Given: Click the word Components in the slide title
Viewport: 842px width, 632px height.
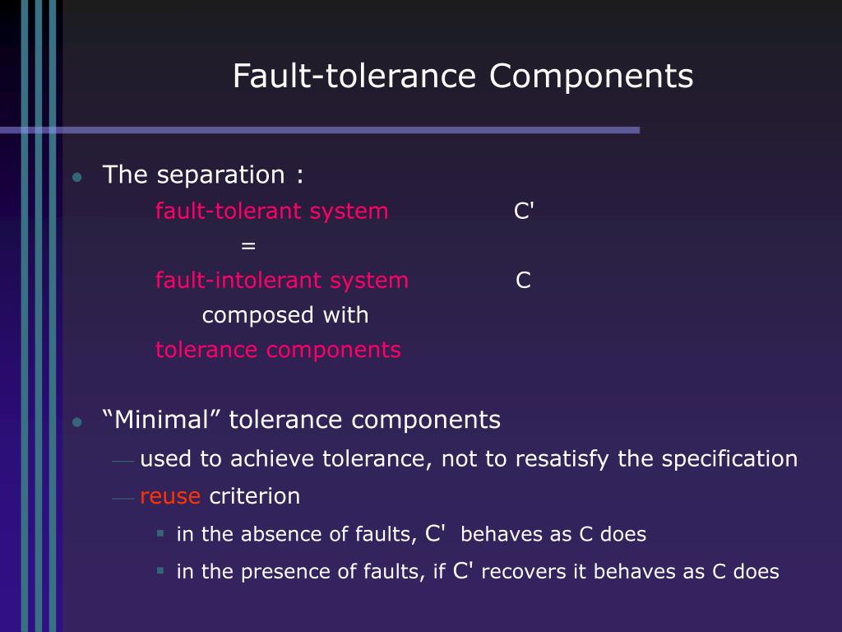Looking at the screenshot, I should coord(591,77).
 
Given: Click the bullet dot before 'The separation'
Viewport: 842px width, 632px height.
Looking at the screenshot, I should coord(76,178).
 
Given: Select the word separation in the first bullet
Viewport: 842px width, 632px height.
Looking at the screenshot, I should coord(220,175).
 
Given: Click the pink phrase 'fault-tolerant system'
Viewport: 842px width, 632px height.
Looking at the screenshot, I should coord(271,211).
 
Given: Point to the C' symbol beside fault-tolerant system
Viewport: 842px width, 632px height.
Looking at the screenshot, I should coord(524,211).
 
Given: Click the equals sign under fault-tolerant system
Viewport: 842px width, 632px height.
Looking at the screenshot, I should coord(248,246).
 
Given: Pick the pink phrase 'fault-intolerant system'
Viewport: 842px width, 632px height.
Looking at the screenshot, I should coord(281,281).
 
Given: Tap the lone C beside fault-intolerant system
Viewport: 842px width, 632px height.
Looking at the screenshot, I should coord(523,281).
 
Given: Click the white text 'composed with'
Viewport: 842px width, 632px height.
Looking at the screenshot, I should coord(285,315).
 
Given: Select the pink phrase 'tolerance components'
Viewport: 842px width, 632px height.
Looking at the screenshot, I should coord(278,350).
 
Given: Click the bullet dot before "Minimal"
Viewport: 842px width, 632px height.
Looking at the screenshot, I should coord(76,423).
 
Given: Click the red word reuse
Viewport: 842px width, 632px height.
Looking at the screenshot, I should coord(170,496).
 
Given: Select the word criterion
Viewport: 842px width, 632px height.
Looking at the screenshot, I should coord(255,496).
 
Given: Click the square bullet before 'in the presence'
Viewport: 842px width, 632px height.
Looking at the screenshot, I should coord(161,569).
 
